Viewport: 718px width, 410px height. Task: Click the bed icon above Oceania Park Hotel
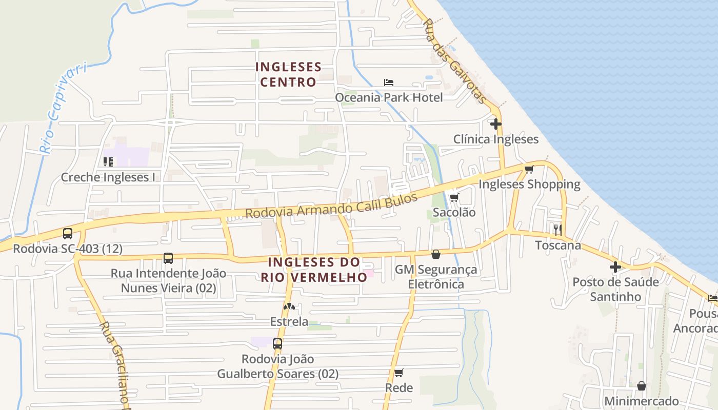point(389,83)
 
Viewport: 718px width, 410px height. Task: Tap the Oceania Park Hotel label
point(389,97)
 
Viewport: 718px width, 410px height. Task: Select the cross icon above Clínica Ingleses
point(495,124)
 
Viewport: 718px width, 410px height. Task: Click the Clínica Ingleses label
point(496,139)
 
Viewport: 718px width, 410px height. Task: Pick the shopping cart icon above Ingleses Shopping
point(529,169)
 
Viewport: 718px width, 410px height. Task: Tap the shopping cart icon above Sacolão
point(454,197)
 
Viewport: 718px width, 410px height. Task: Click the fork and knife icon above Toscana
point(558,230)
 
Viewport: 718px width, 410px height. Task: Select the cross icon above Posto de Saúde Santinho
point(615,267)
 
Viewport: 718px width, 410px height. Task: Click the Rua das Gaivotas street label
point(453,61)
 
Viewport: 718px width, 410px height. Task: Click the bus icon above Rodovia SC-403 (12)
point(68,234)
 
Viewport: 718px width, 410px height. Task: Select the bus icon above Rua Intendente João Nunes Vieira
point(168,258)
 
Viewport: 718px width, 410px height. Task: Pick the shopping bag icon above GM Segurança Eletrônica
point(436,254)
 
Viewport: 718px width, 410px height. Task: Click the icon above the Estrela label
point(289,306)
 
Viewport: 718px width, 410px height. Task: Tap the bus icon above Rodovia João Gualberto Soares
point(277,344)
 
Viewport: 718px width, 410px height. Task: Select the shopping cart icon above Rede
point(399,373)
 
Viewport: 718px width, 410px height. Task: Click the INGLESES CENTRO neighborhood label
point(288,74)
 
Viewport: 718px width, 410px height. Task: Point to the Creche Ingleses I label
point(108,177)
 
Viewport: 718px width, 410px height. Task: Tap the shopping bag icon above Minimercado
point(642,386)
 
